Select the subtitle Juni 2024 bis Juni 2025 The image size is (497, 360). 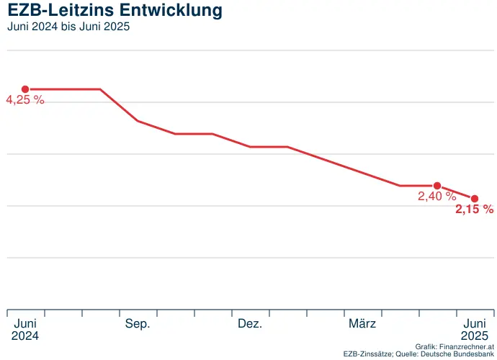tap(68, 27)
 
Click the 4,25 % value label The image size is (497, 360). tap(25, 101)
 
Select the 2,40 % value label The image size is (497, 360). tap(436, 195)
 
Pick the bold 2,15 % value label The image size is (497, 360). tap(474, 210)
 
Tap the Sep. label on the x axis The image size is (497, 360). tap(138, 324)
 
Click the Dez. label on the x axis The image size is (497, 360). tap(250, 324)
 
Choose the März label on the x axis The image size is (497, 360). tap(362, 324)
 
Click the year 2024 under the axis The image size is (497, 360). tap(25, 336)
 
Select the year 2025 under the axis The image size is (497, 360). tap(475, 336)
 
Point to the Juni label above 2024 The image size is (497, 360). tap(25, 324)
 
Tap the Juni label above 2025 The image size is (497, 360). tap(475, 324)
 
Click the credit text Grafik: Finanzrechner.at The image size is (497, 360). tap(455, 346)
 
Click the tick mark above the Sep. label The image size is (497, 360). tap(120, 313)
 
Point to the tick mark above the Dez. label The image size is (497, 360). tap(232, 313)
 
